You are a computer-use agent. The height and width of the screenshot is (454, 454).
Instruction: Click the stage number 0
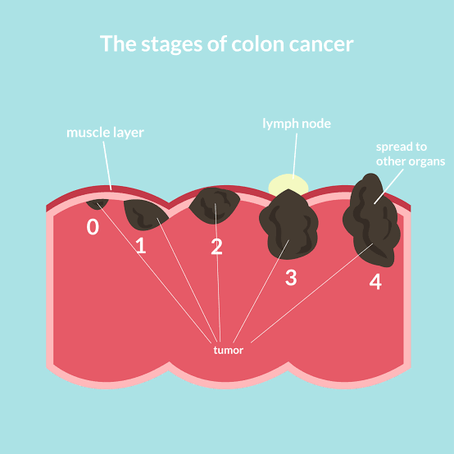(93, 227)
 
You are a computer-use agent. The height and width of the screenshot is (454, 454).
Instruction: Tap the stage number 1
(141, 245)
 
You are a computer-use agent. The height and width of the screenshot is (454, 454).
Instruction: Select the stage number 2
(216, 247)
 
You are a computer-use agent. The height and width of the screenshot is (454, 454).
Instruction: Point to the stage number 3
(291, 277)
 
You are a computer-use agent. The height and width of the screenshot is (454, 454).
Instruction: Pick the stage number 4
(375, 281)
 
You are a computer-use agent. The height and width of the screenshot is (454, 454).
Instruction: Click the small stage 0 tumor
(98, 204)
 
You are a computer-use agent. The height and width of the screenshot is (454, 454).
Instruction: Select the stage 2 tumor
(214, 206)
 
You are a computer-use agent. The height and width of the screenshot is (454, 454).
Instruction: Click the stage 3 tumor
(288, 225)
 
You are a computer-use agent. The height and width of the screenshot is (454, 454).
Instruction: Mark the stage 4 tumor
(371, 220)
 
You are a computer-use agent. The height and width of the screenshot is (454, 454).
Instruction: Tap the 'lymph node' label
(297, 124)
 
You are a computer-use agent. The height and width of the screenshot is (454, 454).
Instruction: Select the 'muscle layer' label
(105, 133)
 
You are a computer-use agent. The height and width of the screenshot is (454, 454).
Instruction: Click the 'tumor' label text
(228, 351)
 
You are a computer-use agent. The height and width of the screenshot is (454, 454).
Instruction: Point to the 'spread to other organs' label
(411, 154)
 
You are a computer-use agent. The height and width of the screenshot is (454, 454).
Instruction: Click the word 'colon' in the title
(257, 44)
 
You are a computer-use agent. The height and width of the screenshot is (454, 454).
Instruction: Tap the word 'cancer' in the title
(321, 45)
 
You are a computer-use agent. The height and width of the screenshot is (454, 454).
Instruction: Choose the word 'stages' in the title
(171, 45)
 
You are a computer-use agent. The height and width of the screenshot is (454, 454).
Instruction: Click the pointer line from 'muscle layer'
(107, 166)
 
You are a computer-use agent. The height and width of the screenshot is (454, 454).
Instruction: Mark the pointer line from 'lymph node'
(295, 156)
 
